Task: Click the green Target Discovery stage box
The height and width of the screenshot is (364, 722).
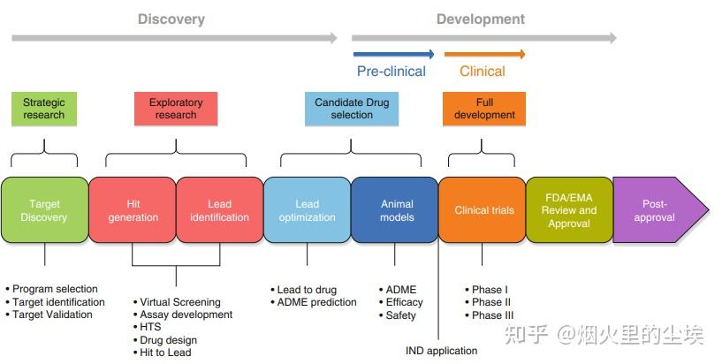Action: tap(44, 210)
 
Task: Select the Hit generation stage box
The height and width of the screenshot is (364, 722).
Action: tap(133, 210)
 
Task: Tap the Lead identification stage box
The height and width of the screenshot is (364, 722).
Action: tap(219, 210)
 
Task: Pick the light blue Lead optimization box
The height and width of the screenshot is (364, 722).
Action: tap(307, 210)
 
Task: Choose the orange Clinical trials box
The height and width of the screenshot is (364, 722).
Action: tap(482, 210)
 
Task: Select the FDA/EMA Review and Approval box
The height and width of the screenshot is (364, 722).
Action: tap(569, 210)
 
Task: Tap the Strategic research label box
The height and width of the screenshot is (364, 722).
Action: tap(44, 108)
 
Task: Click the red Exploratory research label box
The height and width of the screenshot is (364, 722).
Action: tap(176, 108)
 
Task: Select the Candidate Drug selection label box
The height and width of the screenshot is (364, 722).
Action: tap(351, 108)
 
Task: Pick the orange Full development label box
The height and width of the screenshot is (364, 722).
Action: tap(483, 108)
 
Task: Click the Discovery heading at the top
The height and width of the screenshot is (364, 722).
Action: tap(171, 19)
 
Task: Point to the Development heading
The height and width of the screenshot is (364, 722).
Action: tap(481, 19)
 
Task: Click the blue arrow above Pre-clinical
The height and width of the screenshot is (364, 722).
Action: tap(393, 54)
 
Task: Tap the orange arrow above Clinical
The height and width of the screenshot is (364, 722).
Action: tap(483, 54)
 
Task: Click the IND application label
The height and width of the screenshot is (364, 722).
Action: tap(441, 351)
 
